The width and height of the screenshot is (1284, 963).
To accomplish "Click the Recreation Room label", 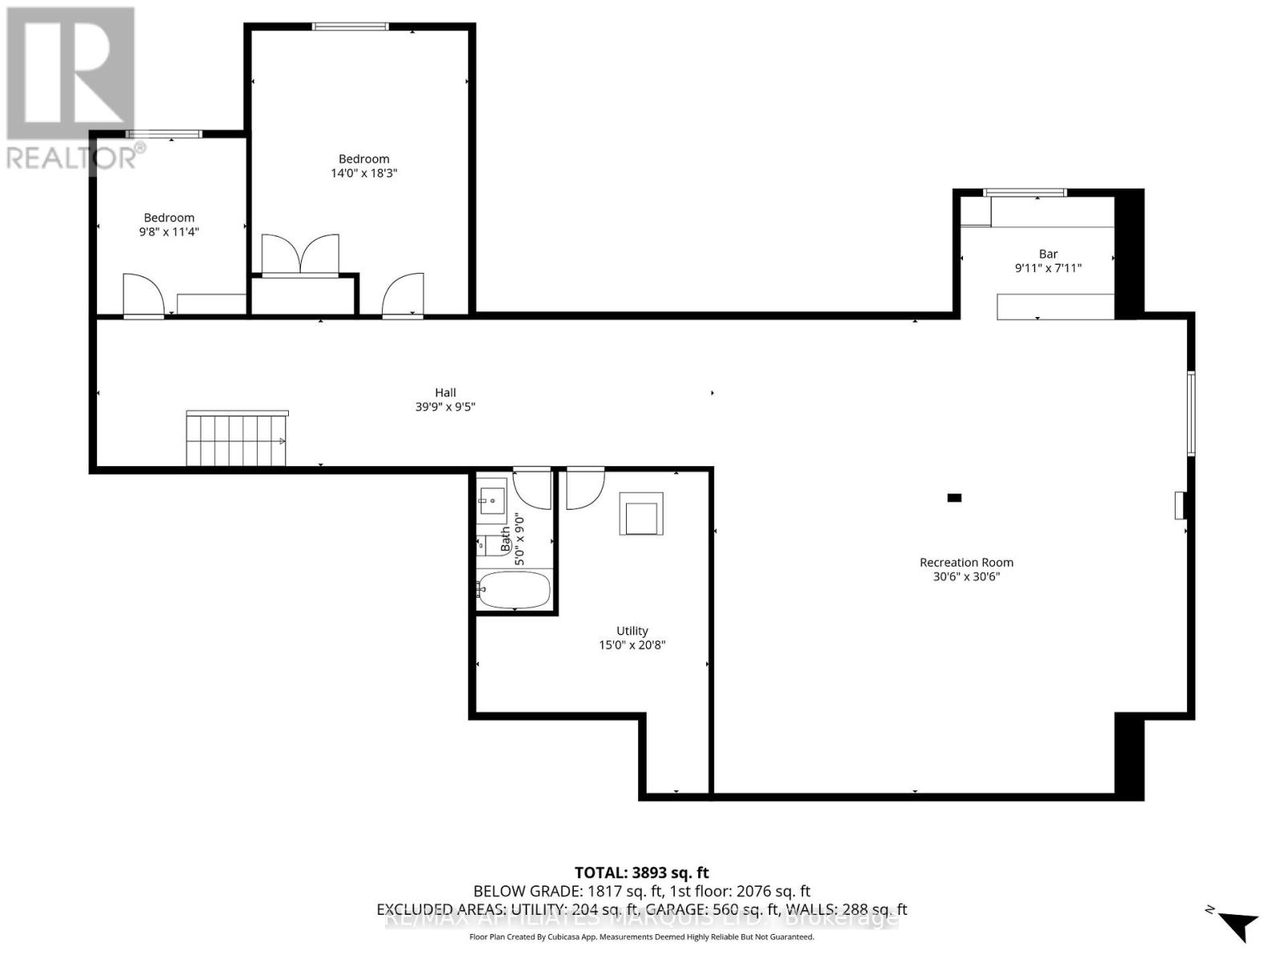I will pos(966,563).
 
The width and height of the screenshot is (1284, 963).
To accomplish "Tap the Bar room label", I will pos(1048,254).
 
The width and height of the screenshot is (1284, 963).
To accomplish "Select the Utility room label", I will pos(632,631).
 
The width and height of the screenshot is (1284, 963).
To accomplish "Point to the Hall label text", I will pos(445,392).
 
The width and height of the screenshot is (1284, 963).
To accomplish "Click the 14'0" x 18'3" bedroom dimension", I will pos(364,173).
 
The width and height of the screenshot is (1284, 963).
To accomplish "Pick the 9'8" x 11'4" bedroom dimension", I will pos(169,232).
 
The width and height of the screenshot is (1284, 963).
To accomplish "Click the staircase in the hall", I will pos(236,439).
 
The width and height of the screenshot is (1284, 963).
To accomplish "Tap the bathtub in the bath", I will pos(514,590).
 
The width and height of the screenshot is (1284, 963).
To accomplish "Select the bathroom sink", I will pos(491,500).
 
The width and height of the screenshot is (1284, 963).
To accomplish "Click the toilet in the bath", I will pos(483,546).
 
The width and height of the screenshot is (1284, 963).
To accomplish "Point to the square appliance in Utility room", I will pos(640,514).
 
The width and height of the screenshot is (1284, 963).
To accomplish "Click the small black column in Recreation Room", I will pos(954,498).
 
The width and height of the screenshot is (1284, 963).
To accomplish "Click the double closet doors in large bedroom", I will pos(300,254).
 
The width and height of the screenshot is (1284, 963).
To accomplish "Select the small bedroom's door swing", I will pos(143,295).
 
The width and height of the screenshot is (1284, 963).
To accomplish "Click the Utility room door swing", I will pos(584,489).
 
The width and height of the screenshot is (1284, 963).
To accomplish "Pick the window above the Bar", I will pos(1025,193).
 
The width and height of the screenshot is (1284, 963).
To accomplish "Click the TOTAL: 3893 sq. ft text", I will pos(641,872).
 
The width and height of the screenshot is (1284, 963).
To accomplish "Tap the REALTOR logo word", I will pos(73,157).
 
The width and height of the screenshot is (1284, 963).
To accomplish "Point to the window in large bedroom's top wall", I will pos(350,26).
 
